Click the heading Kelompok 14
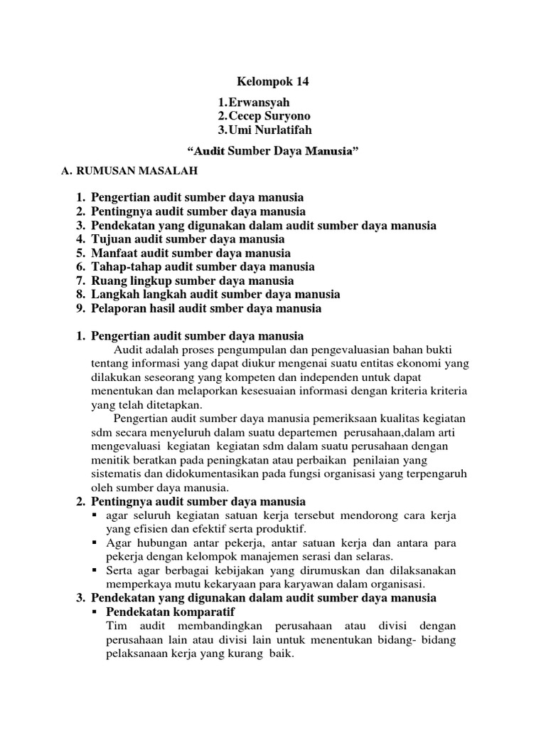[x=272, y=82]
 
